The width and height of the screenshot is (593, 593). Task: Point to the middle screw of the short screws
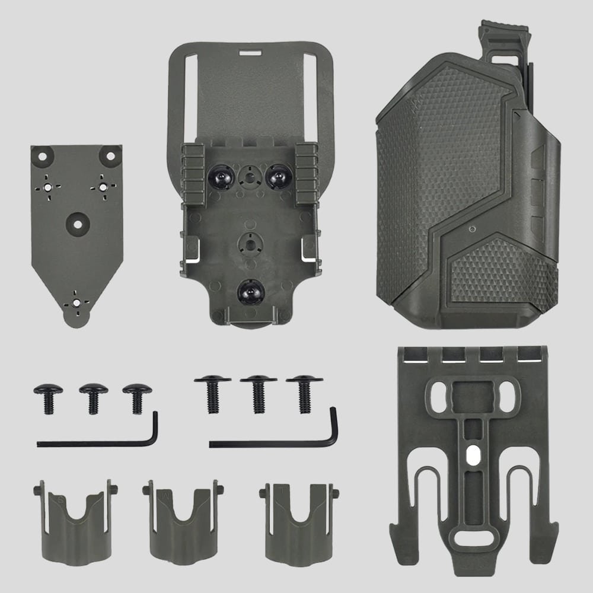(x=93, y=397)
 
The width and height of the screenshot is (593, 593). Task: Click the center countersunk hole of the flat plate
(x=76, y=219)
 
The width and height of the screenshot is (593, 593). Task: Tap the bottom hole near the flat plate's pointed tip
(x=76, y=301)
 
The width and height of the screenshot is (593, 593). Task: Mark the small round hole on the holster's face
(x=472, y=229)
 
